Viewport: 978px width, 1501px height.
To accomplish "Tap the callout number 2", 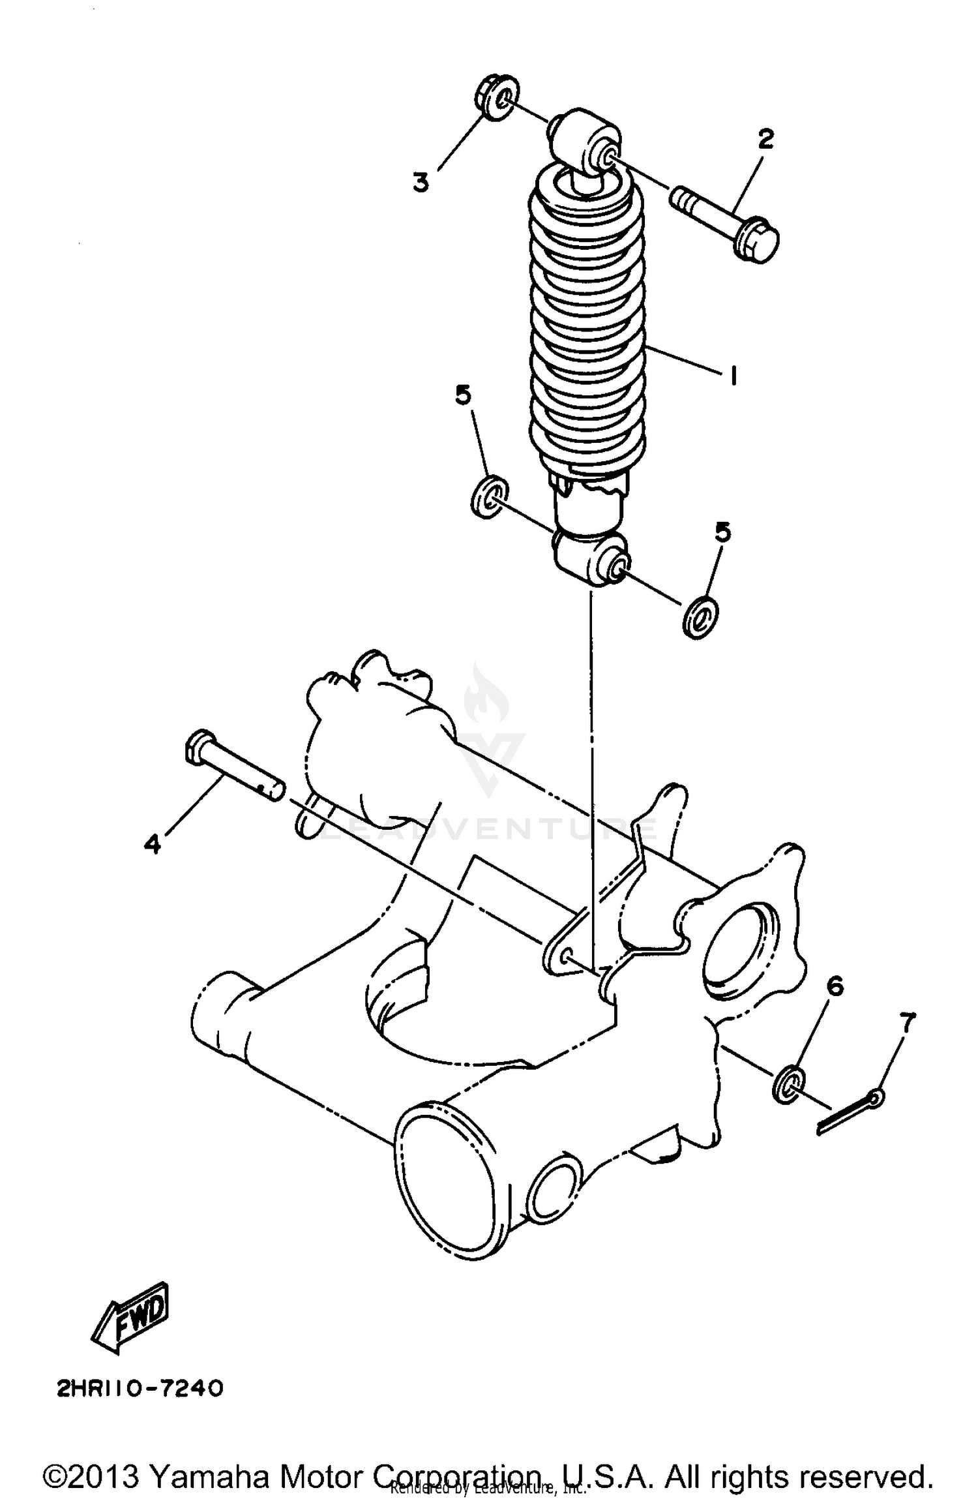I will (x=765, y=140).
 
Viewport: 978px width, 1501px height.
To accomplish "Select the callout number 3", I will (x=421, y=182).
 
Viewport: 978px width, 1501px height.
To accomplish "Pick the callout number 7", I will (x=908, y=1019).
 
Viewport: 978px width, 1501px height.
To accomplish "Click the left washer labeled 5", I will (x=489, y=498).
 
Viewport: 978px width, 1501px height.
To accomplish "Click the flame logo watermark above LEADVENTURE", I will (x=486, y=701).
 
